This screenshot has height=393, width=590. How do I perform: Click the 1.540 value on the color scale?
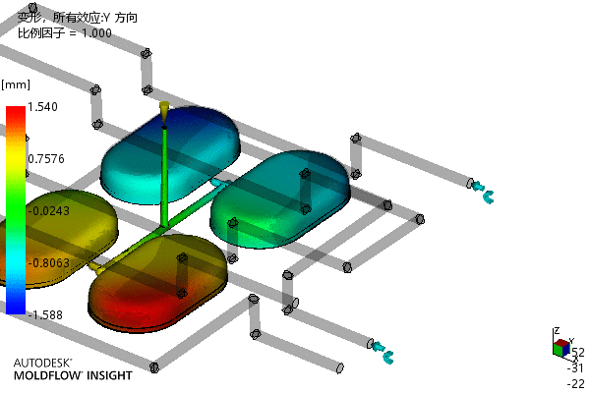tap(42, 107)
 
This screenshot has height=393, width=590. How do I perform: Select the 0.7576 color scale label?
tap(46, 159)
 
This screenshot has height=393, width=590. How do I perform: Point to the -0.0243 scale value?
tap(48, 210)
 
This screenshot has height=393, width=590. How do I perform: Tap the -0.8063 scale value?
tap(48, 262)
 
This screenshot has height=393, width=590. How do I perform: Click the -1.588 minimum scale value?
tap(45, 314)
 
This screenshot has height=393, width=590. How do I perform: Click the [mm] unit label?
tap(16, 85)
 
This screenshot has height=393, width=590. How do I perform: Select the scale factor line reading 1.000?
tap(65, 33)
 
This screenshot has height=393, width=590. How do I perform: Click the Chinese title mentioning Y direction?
tap(78, 18)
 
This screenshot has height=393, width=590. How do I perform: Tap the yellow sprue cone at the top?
tap(163, 111)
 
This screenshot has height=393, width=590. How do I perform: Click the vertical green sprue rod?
tap(164, 177)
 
